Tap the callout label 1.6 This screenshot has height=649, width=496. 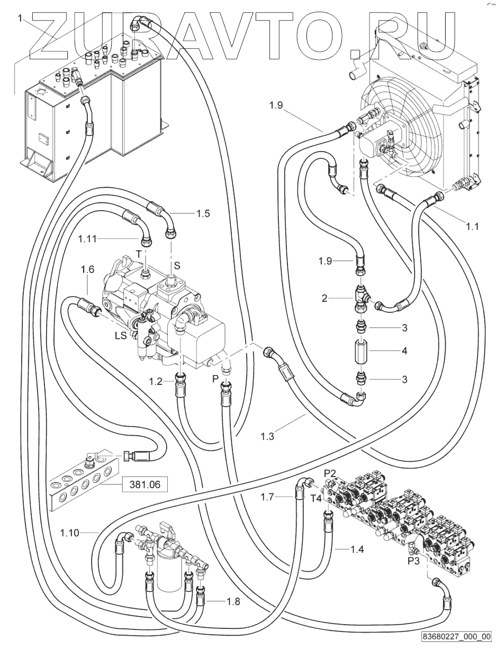pyautogui.click(x=87, y=270)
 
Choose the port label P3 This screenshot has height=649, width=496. pyautogui.click(x=414, y=560)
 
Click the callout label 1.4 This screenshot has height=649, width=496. pyautogui.click(x=357, y=549)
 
